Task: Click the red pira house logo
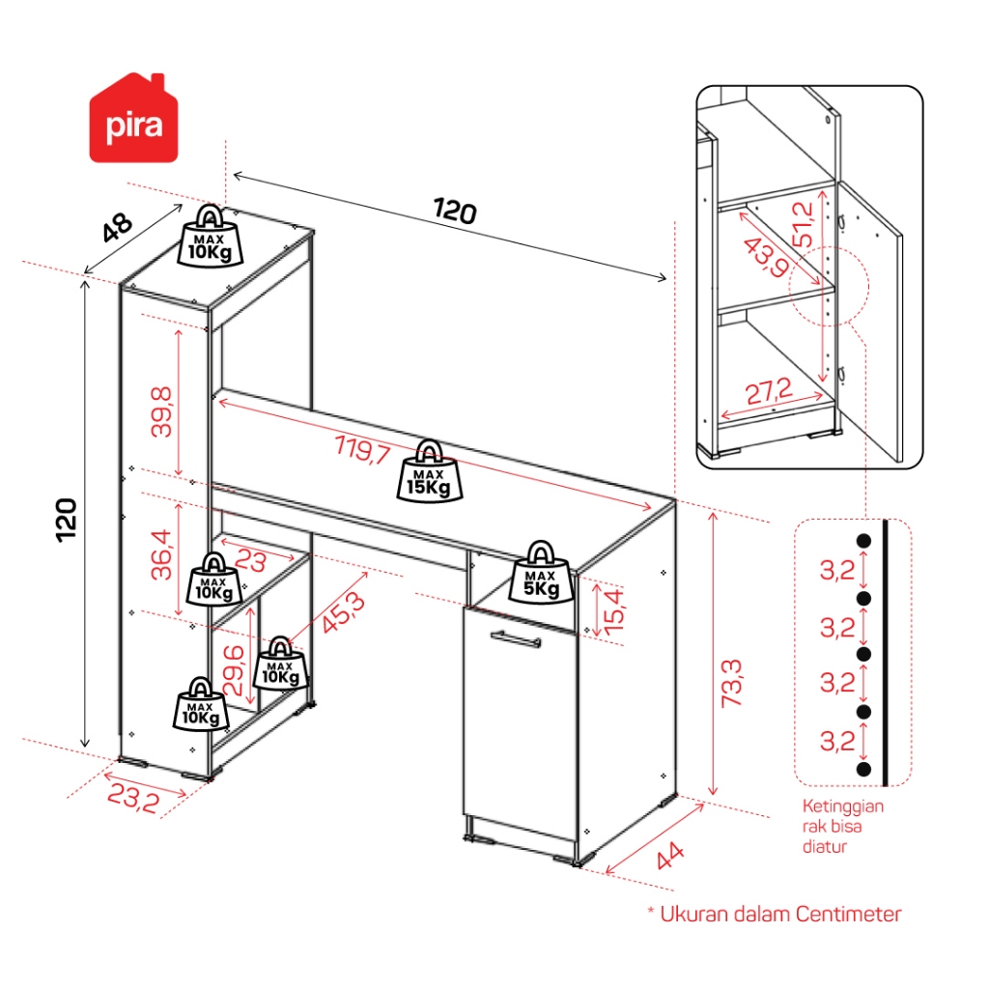(133, 118)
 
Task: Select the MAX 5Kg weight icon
(541, 573)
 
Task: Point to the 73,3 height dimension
(732, 683)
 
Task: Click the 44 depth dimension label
(670, 856)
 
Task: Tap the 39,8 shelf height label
(161, 411)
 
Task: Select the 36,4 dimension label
(161, 554)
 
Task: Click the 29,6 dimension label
(234, 670)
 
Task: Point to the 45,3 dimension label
(344, 611)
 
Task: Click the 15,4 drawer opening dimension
(614, 610)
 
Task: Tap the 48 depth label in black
(117, 227)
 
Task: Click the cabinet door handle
(516, 639)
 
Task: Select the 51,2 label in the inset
(804, 224)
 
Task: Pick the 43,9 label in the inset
(766, 257)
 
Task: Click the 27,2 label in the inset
(769, 392)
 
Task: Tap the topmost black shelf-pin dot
(863, 541)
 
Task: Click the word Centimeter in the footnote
(848, 914)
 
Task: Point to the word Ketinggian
(842, 806)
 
